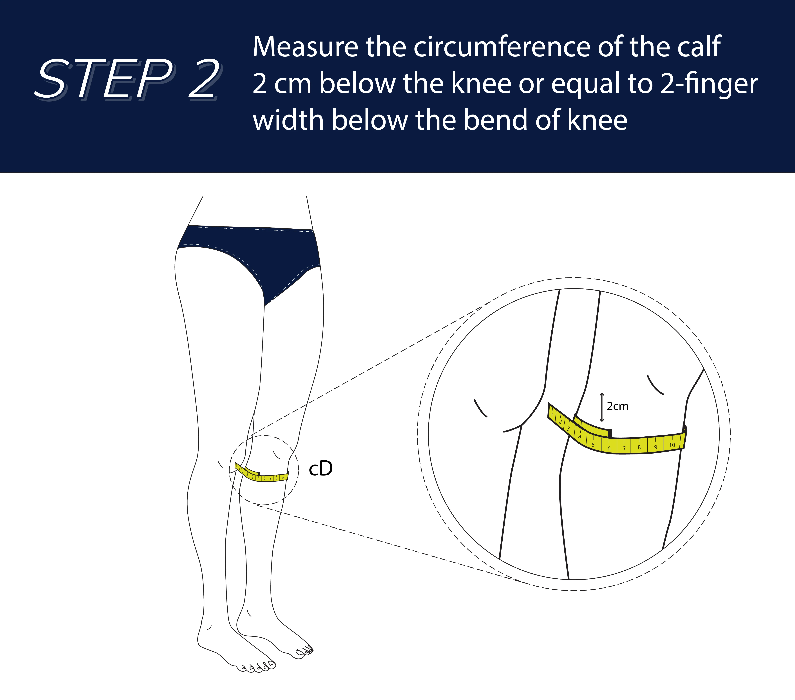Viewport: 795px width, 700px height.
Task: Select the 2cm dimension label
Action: click(x=618, y=406)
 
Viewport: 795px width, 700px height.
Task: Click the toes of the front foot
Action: click(x=257, y=668)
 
